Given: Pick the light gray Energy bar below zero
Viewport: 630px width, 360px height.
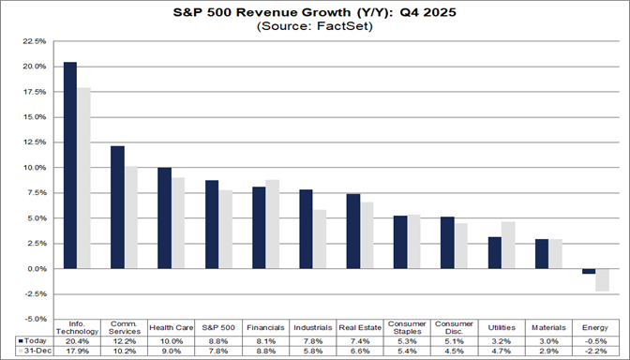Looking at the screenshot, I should pos(603,279).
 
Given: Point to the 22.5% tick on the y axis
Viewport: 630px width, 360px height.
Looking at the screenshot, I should pos(33,42).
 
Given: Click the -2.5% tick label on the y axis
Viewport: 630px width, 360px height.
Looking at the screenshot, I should pos(33,294).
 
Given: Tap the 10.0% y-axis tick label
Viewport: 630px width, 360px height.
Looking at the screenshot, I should pos(33,168).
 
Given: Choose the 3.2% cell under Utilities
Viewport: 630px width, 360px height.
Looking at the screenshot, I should pos(502,339).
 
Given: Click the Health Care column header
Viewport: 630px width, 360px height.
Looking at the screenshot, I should pos(171,327).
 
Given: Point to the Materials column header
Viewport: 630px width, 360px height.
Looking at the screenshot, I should pos(548,327).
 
